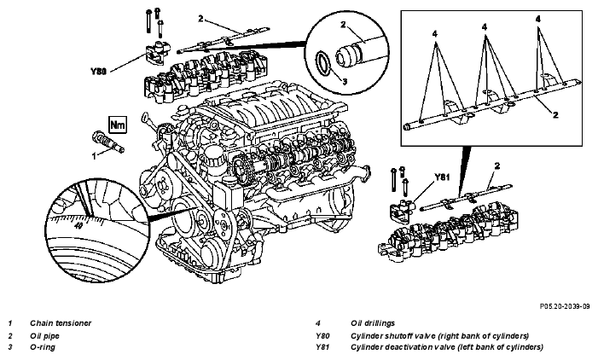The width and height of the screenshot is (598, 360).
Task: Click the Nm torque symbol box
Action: pos(118,125)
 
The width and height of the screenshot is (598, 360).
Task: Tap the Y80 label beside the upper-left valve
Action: pos(98,72)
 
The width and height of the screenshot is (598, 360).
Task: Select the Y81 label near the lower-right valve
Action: pos(443,177)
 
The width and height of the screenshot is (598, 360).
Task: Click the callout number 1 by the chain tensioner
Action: pos(94,156)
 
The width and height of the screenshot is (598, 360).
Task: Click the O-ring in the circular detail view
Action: pos(323,62)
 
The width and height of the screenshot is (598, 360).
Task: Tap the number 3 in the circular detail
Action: pos(345,81)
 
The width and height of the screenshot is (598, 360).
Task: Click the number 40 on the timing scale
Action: pos(78,226)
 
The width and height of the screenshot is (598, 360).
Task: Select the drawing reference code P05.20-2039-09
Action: pos(565,306)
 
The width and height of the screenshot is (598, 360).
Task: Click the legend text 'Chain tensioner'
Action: pos(61,323)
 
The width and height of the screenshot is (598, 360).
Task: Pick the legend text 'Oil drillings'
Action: pos(373,323)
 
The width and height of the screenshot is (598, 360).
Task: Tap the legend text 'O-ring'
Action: pos(43,347)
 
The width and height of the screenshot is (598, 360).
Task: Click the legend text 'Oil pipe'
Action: pos(44,336)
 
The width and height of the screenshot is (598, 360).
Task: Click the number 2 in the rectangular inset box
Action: pos(555,114)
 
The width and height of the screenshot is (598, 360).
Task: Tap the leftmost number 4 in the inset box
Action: pos(435,34)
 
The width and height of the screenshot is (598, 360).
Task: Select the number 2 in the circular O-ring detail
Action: pos(343,25)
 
